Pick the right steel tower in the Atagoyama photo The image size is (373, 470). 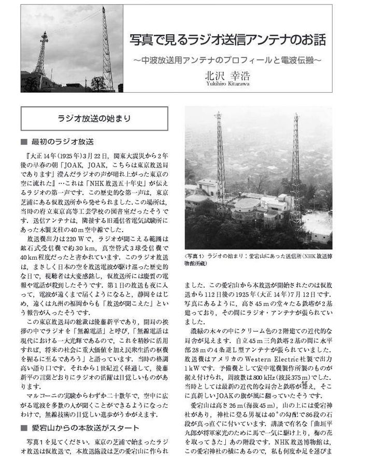[296, 166]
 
